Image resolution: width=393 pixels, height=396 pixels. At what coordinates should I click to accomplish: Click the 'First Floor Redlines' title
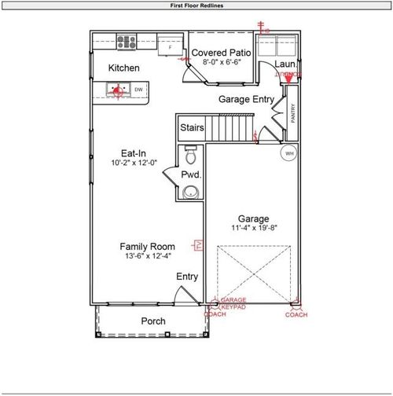click(196, 5)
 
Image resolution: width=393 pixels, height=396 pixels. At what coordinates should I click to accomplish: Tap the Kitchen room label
click(124, 68)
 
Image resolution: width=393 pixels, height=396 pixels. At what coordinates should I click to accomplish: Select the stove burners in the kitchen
click(127, 42)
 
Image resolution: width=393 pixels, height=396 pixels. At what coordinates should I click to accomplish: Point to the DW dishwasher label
click(138, 90)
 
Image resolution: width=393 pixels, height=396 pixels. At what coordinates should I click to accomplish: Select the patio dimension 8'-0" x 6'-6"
click(222, 62)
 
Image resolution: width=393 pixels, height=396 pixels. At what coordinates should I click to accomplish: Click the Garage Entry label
click(245, 99)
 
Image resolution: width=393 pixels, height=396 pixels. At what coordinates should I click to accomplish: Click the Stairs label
click(192, 127)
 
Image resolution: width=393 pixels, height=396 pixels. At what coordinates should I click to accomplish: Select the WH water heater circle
click(289, 152)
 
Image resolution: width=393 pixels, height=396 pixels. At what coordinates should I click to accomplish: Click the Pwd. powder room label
click(190, 174)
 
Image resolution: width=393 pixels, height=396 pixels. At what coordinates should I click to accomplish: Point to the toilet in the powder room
click(189, 153)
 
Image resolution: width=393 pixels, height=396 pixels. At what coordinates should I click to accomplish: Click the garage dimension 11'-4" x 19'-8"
click(254, 229)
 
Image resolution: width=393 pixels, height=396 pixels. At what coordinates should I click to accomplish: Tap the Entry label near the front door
click(187, 277)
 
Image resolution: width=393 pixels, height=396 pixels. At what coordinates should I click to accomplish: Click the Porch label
click(153, 321)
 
